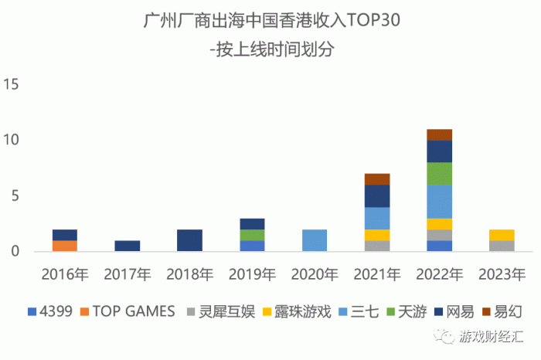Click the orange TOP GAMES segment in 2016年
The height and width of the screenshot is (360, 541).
point(65,246)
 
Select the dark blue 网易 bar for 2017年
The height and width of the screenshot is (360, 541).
point(128,246)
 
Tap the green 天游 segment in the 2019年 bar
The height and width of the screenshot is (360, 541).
point(252,235)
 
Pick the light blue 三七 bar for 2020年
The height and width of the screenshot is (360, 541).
point(315,240)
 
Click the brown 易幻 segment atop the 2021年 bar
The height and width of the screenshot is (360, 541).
point(377,179)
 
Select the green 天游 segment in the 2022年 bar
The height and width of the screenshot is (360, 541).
point(440,173)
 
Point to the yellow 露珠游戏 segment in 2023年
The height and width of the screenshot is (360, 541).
point(502,235)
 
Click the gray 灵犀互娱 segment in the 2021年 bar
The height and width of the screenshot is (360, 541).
point(377,246)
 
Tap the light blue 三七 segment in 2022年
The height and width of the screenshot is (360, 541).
point(440,201)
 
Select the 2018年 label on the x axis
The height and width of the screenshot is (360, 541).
point(189,273)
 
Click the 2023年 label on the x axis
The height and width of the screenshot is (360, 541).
point(502,273)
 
